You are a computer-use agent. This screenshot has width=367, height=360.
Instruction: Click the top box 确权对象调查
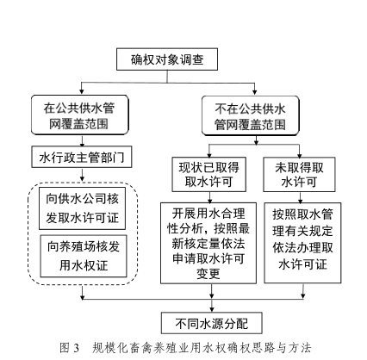[x=167, y=59]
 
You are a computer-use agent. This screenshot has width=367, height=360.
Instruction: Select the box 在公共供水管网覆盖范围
[x=80, y=115]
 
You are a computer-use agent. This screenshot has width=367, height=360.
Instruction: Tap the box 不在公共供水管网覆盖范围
[x=251, y=115]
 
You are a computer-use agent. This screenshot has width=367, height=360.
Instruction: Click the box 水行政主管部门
[x=82, y=157]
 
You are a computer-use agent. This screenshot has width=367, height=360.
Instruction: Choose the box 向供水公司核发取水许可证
[x=82, y=208]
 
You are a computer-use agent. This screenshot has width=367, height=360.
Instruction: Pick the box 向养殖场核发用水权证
[x=84, y=256]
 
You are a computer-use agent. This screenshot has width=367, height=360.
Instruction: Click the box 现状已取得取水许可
[x=209, y=174]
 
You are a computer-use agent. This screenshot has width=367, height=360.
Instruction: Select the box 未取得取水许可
[x=299, y=174]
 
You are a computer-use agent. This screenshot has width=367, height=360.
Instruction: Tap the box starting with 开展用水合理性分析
[x=208, y=243]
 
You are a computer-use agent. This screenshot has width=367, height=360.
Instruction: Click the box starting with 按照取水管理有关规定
[x=302, y=243]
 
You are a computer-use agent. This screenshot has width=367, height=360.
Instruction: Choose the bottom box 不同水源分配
[x=212, y=323]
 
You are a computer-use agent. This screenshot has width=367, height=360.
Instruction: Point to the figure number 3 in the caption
[x=76, y=348]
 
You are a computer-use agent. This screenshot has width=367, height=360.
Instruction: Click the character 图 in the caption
[x=65, y=348]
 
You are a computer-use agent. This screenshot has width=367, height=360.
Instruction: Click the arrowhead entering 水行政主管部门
[x=82, y=144]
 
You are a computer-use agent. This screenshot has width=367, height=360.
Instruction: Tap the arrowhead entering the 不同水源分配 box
[x=212, y=310]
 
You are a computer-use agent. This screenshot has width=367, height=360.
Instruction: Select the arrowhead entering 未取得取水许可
[x=300, y=155]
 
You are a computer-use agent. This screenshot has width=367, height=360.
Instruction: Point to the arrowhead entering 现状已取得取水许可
[x=209, y=155]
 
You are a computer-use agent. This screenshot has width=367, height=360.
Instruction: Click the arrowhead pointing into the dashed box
[x=82, y=179]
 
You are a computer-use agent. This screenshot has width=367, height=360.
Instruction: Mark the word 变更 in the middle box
[x=208, y=274]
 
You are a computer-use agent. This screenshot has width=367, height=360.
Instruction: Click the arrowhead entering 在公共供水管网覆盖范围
[x=82, y=92]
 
